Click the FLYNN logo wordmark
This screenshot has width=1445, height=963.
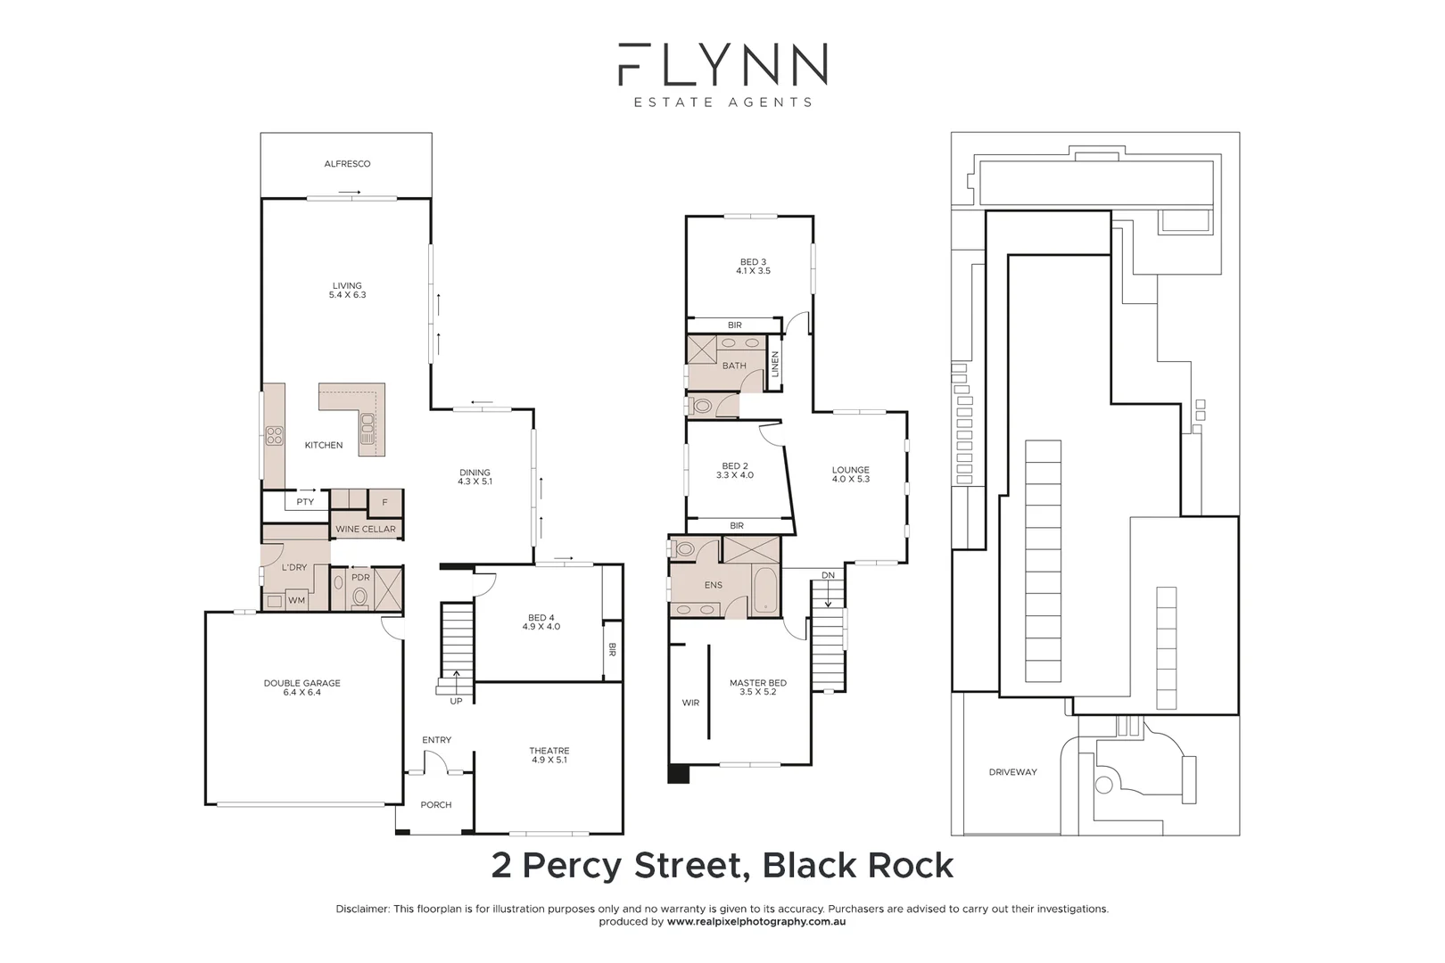tap(722, 64)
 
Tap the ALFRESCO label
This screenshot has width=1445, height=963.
tap(347, 164)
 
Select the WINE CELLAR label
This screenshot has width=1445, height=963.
tap(366, 530)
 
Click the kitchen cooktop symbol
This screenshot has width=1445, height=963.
tap(274, 436)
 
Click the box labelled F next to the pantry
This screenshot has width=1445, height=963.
tap(384, 503)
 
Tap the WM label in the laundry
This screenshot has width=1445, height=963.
tap(296, 601)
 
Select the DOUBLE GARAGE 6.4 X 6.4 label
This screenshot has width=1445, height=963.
tap(302, 687)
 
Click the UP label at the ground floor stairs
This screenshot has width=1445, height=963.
tap(456, 702)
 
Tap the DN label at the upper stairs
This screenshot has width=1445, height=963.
tap(828, 576)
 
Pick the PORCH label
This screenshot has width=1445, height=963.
tap(436, 805)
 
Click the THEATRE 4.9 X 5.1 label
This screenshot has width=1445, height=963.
tap(549, 755)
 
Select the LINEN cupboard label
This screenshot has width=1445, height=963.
tap(775, 364)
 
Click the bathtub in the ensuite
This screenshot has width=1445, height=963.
tap(765, 590)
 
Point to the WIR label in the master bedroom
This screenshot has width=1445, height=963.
tap(690, 704)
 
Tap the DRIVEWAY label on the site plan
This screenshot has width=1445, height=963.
tap(1012, 772)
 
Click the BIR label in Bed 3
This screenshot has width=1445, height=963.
tap(735, 325)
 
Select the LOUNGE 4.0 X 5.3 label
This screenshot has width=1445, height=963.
tap(850, 474)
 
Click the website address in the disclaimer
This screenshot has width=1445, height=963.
tap(756, 923)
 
